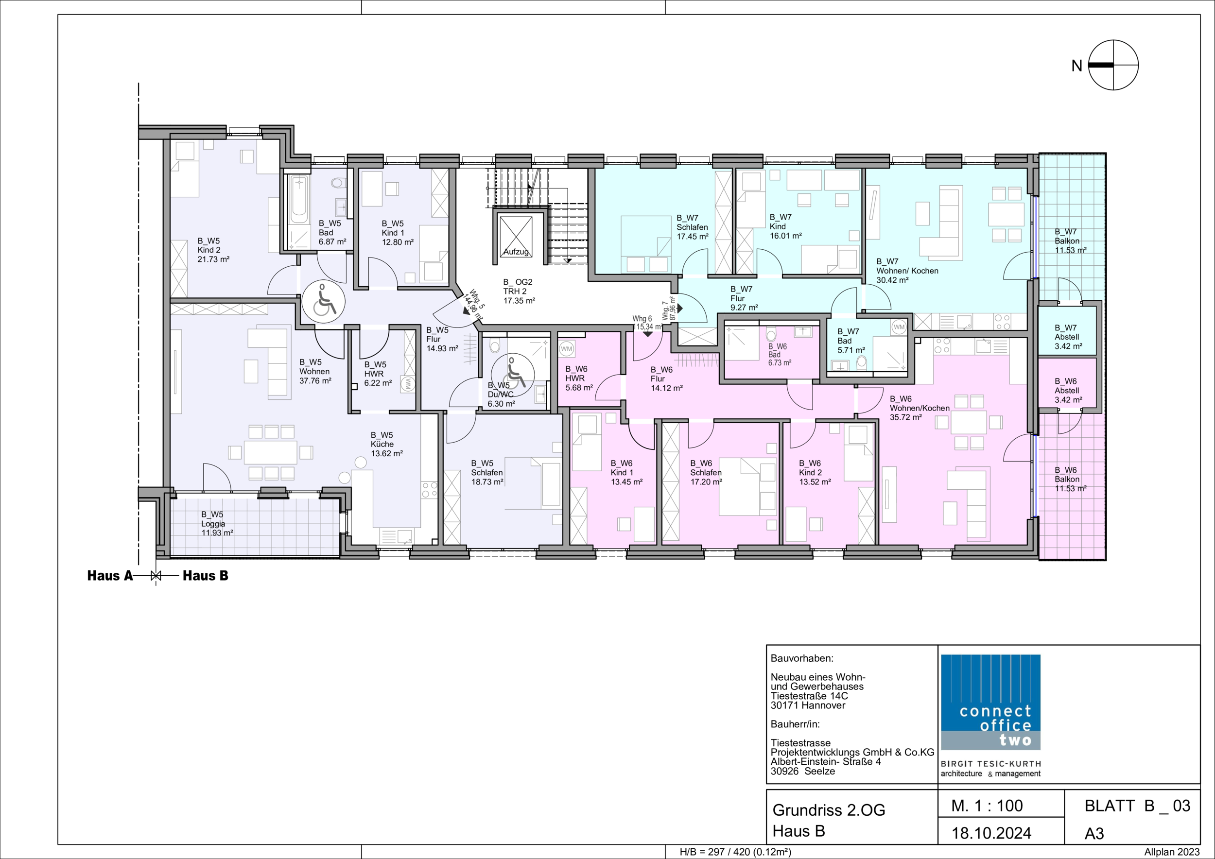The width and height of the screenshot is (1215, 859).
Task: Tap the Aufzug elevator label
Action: click(x=516, y=252)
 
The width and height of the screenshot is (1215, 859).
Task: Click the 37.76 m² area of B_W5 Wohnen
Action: click(x=315, y=381)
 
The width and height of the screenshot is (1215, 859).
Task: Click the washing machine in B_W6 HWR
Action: click(x=567, y=349)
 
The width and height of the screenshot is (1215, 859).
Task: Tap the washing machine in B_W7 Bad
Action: click(x=900, y=327)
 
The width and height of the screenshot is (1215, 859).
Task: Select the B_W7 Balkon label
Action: click(x=1071, y=241)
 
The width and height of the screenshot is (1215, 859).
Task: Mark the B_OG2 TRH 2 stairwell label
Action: click(x=519, y=291)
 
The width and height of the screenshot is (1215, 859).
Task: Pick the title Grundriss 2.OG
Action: click(x=829, y=810)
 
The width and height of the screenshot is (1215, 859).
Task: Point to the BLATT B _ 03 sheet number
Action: click(x=1138, y=806)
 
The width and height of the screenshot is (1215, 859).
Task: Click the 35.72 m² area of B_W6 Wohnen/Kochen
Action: click(x=906, y=417)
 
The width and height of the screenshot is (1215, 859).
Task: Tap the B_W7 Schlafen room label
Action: click(x=692, y=227)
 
